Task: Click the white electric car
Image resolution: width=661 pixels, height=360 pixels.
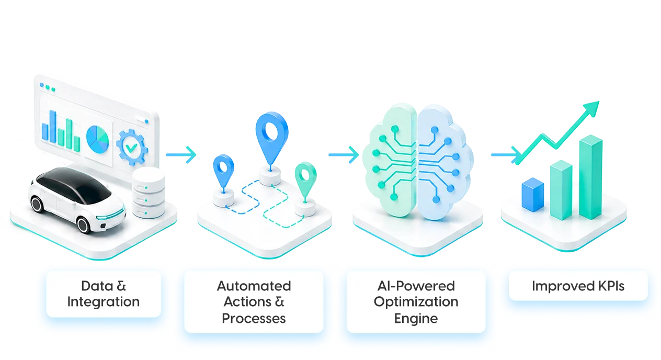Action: point(77,199)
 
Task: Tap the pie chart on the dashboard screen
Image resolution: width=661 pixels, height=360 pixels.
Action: point(97,139)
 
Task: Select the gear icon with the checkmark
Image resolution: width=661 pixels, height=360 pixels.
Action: point(132,147)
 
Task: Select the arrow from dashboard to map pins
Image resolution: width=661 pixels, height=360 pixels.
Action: point(181,155)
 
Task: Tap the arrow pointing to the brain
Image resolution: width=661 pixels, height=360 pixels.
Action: point(344,155)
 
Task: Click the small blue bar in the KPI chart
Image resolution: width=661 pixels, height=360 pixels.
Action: point(533,195)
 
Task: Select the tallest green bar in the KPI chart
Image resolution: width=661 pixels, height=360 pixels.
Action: point(590,177)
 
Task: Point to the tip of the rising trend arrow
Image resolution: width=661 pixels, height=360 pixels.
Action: point(599,102)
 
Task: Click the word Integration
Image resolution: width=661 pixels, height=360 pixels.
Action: point(104,302)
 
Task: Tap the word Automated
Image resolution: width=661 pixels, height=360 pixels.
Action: point(254,286)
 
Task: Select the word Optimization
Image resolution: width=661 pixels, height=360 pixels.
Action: point(416,302)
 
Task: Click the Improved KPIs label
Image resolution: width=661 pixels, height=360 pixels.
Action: point(578,286)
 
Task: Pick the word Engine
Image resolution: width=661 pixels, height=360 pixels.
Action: point(416,319)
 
